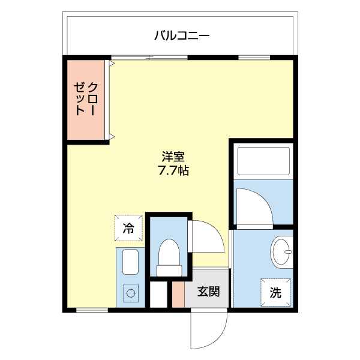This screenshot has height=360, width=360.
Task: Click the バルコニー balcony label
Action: (181, 35)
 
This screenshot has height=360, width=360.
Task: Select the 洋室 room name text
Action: (173, 157)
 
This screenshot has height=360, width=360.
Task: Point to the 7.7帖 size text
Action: (173, 171)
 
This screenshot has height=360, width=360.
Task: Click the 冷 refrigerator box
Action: (129, 227)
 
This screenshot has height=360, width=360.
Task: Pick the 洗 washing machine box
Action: (275, 293)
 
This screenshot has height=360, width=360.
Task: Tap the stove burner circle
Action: (130, 295)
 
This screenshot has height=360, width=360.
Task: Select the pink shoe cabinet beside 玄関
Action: (178, 293)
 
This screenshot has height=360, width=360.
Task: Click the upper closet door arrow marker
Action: (111, 62)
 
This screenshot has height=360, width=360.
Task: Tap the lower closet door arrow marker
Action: (111, 137)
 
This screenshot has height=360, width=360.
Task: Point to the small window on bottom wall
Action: (92, 310)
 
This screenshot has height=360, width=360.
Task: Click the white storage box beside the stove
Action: (158, 294)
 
